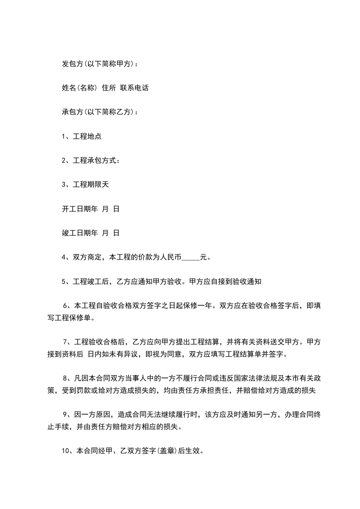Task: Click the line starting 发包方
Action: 100,64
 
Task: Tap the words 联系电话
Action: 134,88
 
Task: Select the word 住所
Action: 109,88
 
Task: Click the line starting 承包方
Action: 100,112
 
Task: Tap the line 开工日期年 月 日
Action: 90,209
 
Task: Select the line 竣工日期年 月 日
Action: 90,233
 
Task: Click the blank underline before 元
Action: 191,258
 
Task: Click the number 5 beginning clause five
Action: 64,282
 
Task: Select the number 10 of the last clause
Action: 65,451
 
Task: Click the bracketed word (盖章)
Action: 168,451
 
